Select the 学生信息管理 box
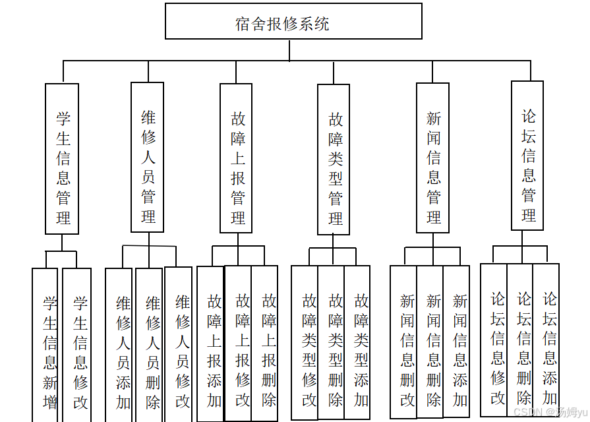(62, 159)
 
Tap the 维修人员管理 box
(147, 158)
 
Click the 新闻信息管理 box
(432, 158)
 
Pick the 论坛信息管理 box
(527, 156)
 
